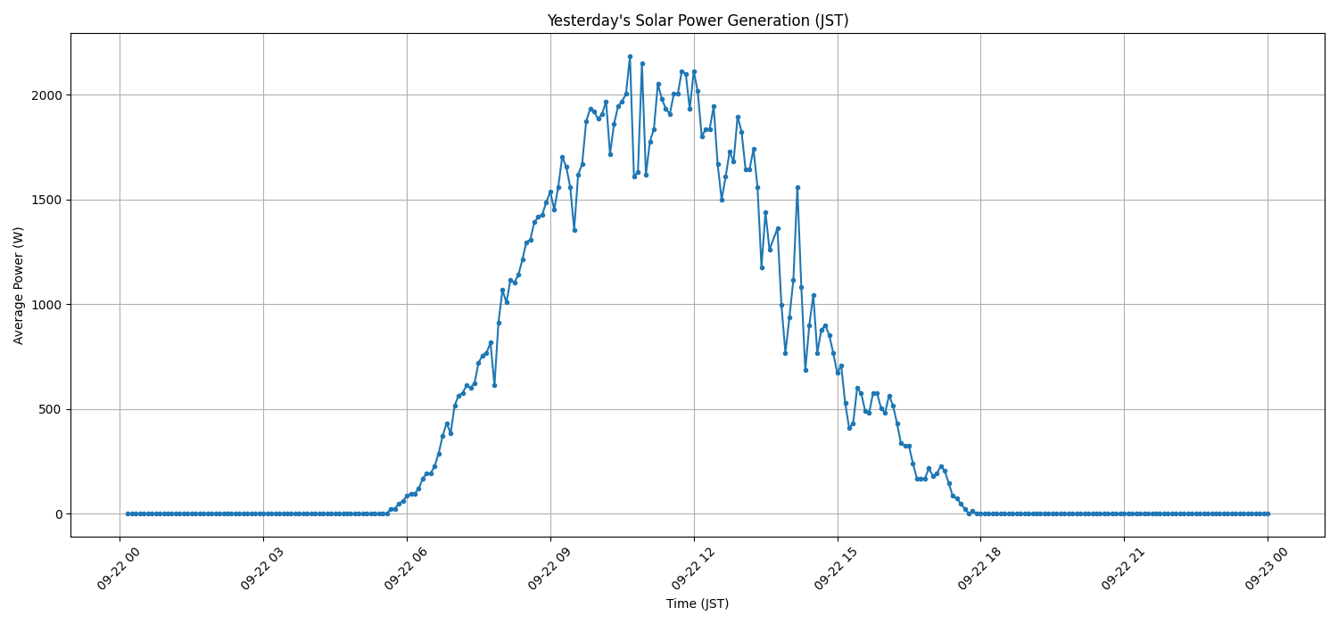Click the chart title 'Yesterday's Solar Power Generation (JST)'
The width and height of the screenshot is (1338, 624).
point(698,21)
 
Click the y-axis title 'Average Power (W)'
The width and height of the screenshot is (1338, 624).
point(19,285)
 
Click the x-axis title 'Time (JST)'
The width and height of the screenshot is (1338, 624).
point(698,603)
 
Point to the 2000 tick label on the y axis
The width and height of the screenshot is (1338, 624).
point(47,95)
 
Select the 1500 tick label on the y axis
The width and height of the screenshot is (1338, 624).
point(47,200)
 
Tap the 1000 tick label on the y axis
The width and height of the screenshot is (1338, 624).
point(47,305)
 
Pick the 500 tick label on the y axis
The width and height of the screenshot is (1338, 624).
point(51,409)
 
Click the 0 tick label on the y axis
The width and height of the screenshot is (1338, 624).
point(58,514)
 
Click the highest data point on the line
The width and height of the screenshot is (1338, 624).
point(630,56)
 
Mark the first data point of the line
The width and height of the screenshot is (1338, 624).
point(128,513)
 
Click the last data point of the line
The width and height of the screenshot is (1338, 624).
point(1268,513)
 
